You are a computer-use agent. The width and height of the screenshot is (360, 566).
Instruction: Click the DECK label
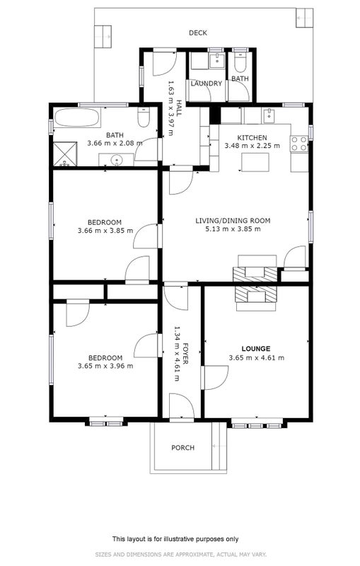198,33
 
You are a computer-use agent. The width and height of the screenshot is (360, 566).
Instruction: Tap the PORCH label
182,448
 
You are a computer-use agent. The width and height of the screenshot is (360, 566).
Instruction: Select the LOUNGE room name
256,349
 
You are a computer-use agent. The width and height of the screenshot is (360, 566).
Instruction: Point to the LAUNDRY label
206,83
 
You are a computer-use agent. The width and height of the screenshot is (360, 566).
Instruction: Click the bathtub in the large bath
77,117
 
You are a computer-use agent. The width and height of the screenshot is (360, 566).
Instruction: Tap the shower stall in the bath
65,154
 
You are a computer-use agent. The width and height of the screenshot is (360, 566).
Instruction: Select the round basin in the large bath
117,160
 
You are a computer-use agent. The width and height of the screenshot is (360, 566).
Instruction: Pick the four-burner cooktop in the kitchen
299,144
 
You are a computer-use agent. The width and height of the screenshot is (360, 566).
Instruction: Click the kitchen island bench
255,162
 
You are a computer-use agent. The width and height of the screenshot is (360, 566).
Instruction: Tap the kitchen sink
269,115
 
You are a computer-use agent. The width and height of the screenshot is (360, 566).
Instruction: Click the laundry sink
218,60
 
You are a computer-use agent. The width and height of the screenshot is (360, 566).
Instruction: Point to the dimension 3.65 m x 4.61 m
257,358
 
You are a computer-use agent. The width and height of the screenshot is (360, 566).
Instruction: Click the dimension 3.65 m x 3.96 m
105,366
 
